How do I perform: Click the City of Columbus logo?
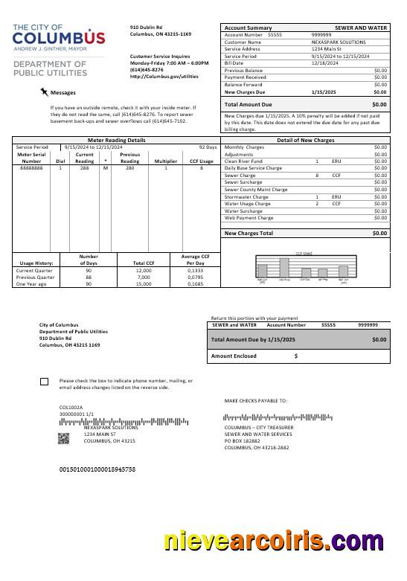coord(59,37)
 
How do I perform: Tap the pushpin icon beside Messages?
coord(45,92)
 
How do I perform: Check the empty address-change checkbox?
coord(44,382)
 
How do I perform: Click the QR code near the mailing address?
coord(64,438)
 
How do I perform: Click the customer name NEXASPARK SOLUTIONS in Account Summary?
coord(338,42)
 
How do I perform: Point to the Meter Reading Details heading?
coord(116,140)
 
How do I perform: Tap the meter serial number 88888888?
coord(31,169)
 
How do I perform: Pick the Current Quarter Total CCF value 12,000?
coord(144,270)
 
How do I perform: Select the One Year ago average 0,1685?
coord(196,283)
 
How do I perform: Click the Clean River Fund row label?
coord(243,161)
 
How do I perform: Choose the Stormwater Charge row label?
coord(246,196)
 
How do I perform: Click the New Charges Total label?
coord(249,233)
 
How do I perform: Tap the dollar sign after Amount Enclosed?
coord(296,356)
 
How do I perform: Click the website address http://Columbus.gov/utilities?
coord(164,76)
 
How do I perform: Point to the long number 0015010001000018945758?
coord(97,470)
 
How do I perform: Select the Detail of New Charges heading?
coord(305,140)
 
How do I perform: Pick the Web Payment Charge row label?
coord(249,218)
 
